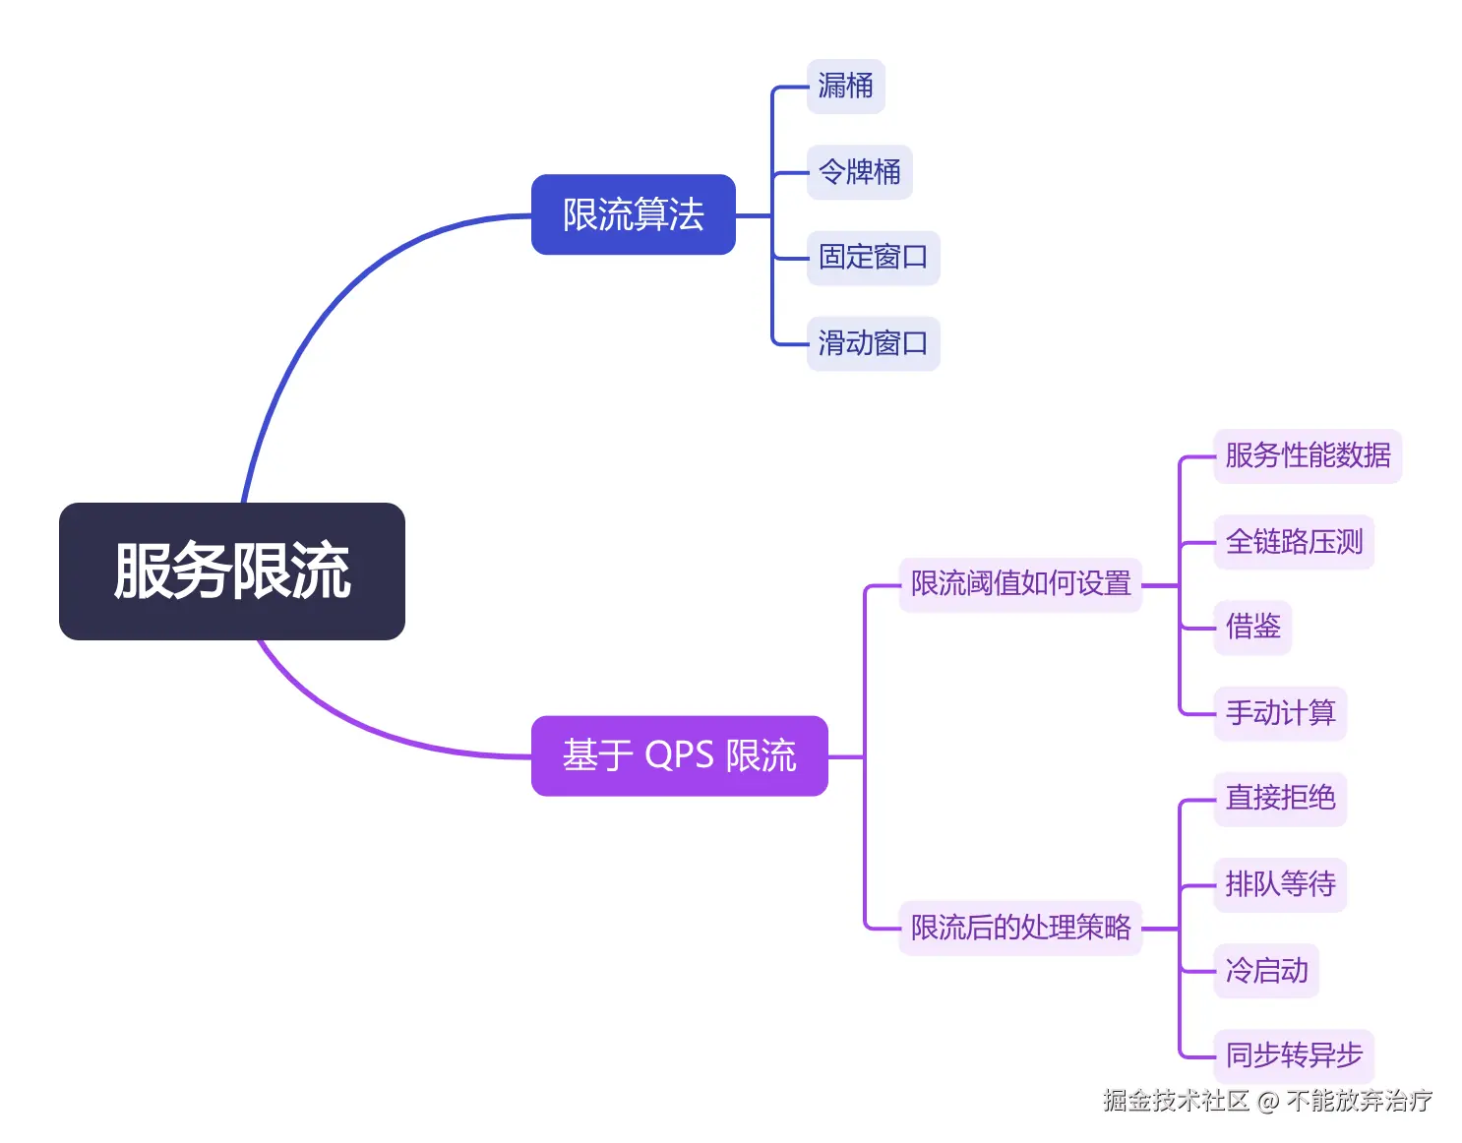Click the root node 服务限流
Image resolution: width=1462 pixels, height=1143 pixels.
coord(232,571)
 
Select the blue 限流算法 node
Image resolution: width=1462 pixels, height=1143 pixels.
coord(633,214)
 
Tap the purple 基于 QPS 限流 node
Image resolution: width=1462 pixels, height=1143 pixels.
coord(679,755)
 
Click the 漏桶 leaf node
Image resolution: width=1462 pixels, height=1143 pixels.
coord(845,87)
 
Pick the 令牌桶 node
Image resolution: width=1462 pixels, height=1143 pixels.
coord(859,172)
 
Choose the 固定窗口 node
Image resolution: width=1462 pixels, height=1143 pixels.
coord(873,258)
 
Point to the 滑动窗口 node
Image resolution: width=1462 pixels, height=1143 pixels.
coord(873,343)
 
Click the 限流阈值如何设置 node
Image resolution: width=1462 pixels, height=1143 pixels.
coord(1020,584)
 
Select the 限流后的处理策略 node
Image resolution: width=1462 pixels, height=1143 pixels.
coord(1020,928)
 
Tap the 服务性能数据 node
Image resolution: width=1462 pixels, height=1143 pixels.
coord(1307,455)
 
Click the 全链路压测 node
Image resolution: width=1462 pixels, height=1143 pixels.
coord(1293,542)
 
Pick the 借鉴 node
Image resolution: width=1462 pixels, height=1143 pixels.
coord(1251,627)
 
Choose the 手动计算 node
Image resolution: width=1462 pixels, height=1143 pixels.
coord(1279,713)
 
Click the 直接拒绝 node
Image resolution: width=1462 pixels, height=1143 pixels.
coord(1279,798)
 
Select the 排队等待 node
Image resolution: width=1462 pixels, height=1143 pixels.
coord(1279,884)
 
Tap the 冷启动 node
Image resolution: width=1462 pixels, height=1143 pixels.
coord(1266,971)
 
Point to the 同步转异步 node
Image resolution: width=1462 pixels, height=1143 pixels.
coord(1293,1056)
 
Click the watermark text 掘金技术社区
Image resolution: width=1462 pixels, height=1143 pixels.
coord(1176,1101)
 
